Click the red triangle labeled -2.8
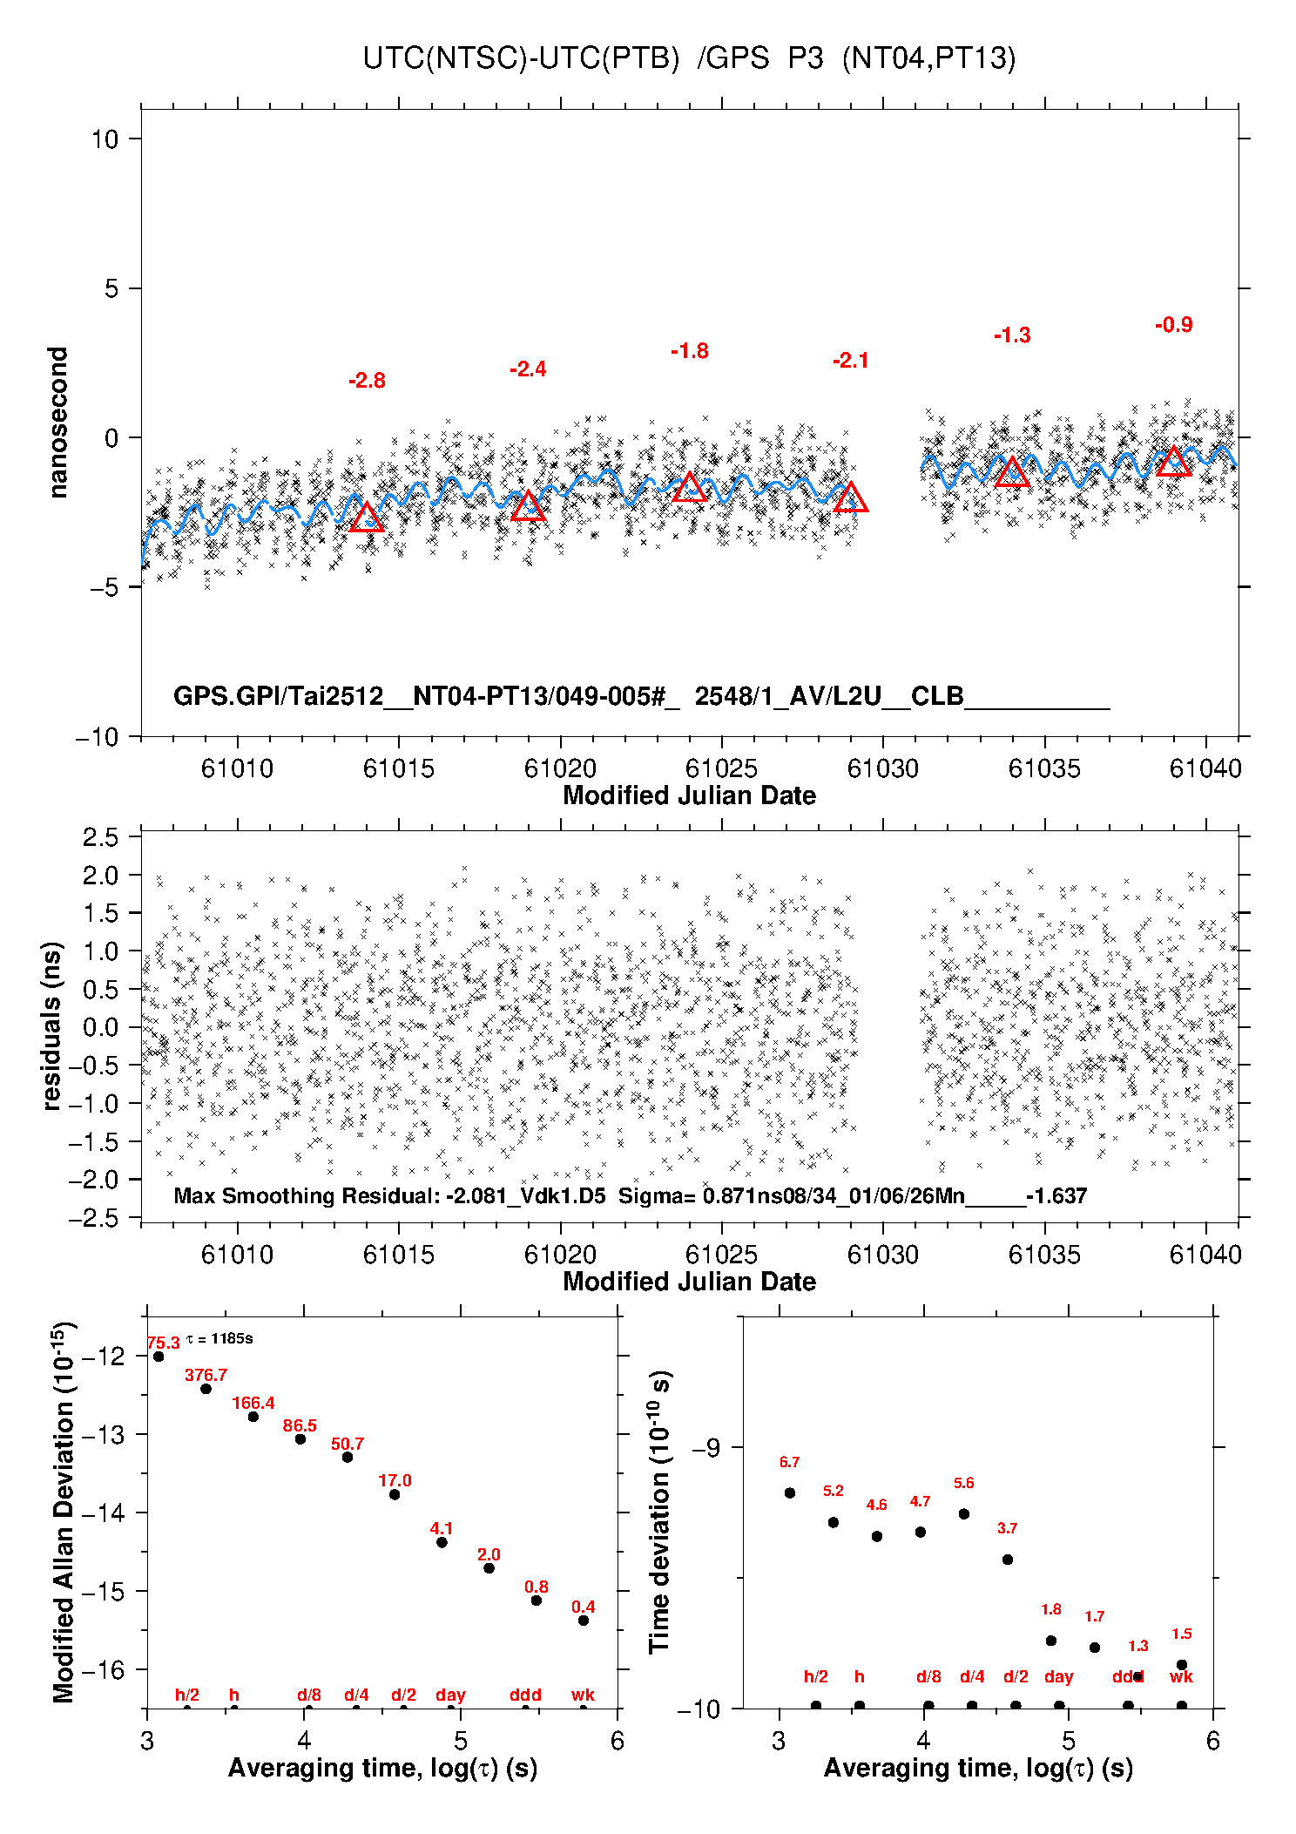[367, 518]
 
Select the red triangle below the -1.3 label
[1012, 472]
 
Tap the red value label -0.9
[1173, 325]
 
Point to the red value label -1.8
[689, 351]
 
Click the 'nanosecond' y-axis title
[57, 423]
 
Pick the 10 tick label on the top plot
[105, 139]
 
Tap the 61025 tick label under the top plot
[721, 768]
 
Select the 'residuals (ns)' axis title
[52, 1025]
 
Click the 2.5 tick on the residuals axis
[100, 837]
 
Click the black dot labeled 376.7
[206, 1389]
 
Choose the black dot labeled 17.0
[395, 1495]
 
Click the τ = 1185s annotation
[219, 1339]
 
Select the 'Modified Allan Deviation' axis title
[63, 1513]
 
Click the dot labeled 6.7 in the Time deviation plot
[790, 1492]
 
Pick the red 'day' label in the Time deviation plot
[1058, 1677]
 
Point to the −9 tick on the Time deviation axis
[705, 1448]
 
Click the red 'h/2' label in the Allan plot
[187, 1695]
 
